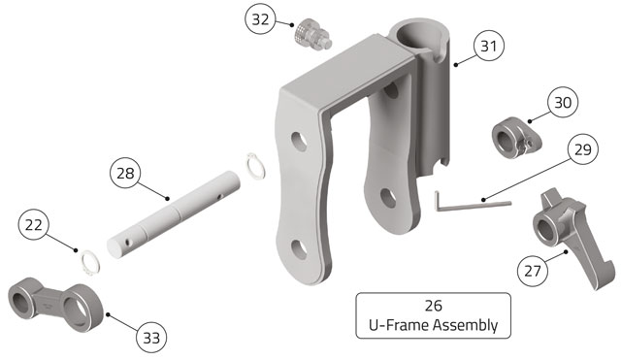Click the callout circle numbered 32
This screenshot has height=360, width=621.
click(260, 19)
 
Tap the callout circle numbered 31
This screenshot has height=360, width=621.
click(489, 46)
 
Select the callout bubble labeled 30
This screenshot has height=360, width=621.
click(563, 102)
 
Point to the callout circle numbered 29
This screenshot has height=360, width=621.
click(582, 149)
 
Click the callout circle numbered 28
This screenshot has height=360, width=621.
click(125, 173)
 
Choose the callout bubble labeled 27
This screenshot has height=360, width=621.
click(533, 271)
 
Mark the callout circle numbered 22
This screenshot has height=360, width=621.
click(34, 224)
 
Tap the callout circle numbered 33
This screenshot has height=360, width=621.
click(151, 338)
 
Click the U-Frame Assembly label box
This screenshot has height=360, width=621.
click(434, 315)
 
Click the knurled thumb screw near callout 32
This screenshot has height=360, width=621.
click(312, 36)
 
